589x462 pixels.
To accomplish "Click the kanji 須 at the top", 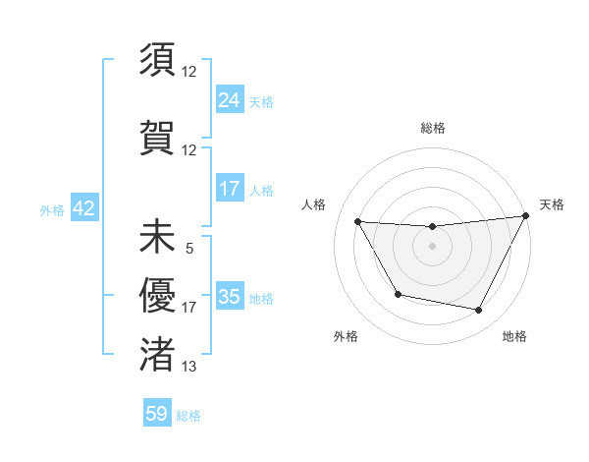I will pyautogui.click(x=157, y=60).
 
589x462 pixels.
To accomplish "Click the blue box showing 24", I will pyautogui.click(x=229, y=100).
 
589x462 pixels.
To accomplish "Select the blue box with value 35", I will pyautogui.click(x=229, y=298).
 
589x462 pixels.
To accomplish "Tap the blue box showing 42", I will pyautogui.click(x=83, y=209).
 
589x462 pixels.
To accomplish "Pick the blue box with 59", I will pyautogui.click(x=157, y=415).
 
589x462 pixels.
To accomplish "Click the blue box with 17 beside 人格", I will pyautogui.click(x=229, y=189).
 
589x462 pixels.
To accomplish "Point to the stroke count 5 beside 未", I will pyautogui.click(x=188, y=249).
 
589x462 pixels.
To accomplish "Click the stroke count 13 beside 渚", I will pyautogui.click(x=189, y=367).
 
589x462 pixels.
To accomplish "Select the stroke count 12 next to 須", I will pyautogui.click(x=189, y=72).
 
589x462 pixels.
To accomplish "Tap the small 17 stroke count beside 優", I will pyautogui.click(x=189, y=308).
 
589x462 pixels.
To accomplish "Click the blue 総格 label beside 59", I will pyautogui.click(x=188, y=416).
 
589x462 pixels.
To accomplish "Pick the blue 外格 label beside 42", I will pyautogui.click(x=52, y=210).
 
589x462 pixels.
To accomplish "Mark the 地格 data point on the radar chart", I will pyautogui.click(x=479, y=311).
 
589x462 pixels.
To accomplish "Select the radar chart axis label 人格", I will pyautogui.click(x=313, y=204).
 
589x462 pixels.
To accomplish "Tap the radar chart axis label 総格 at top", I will pyautogui.click(x=432, y=128).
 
